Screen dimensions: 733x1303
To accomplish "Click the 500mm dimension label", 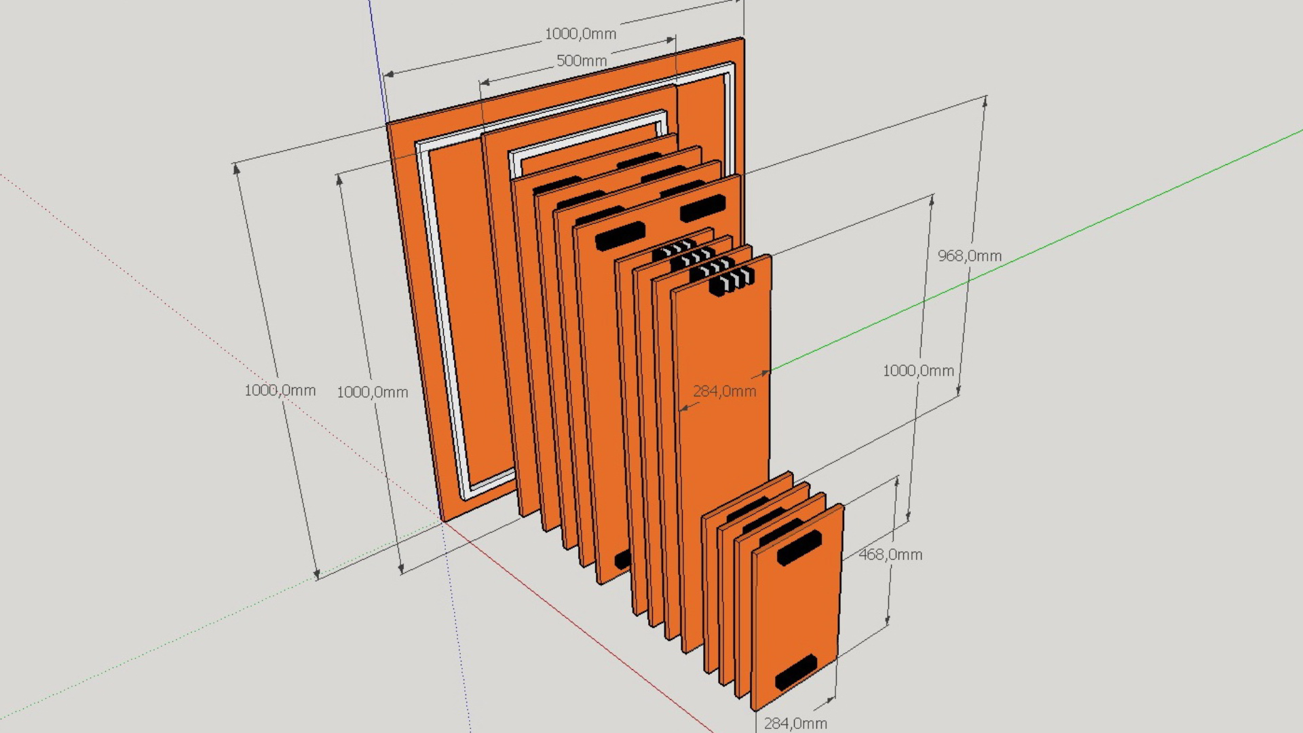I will [581, 60].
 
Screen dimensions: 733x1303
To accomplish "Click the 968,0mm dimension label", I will [969, 256].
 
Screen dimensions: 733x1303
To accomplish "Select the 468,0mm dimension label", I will [890, 555].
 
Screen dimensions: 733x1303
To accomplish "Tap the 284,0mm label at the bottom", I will [795, 723].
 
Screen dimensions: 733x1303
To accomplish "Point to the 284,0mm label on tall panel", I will [724, 392].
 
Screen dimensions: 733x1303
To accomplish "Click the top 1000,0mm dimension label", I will [580, 34].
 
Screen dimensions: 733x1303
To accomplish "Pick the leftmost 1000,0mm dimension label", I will [280, 390].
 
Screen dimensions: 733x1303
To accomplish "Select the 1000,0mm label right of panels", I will [918, 371].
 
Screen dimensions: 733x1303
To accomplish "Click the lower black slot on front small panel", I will [795, 672].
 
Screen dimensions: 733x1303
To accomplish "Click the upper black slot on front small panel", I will [799, 548].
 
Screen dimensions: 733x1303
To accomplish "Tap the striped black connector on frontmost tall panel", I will [732, 280].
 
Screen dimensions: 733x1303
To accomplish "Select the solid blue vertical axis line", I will [377, 61].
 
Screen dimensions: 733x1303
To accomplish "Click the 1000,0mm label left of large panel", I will [372, 392].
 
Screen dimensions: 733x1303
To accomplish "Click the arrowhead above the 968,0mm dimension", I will [985, 101].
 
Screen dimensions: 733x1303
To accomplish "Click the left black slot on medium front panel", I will [620, 236].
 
